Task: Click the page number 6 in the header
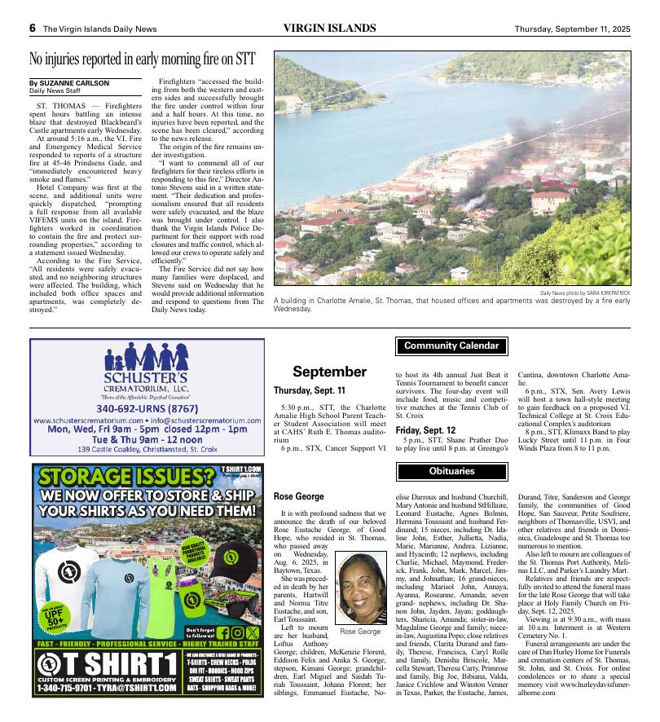33,29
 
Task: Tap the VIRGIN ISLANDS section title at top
329,29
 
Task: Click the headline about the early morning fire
143,59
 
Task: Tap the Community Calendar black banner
451,346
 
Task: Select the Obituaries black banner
451,471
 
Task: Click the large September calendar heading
329,372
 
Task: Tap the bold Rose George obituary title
298,496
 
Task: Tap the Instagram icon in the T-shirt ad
237,632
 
